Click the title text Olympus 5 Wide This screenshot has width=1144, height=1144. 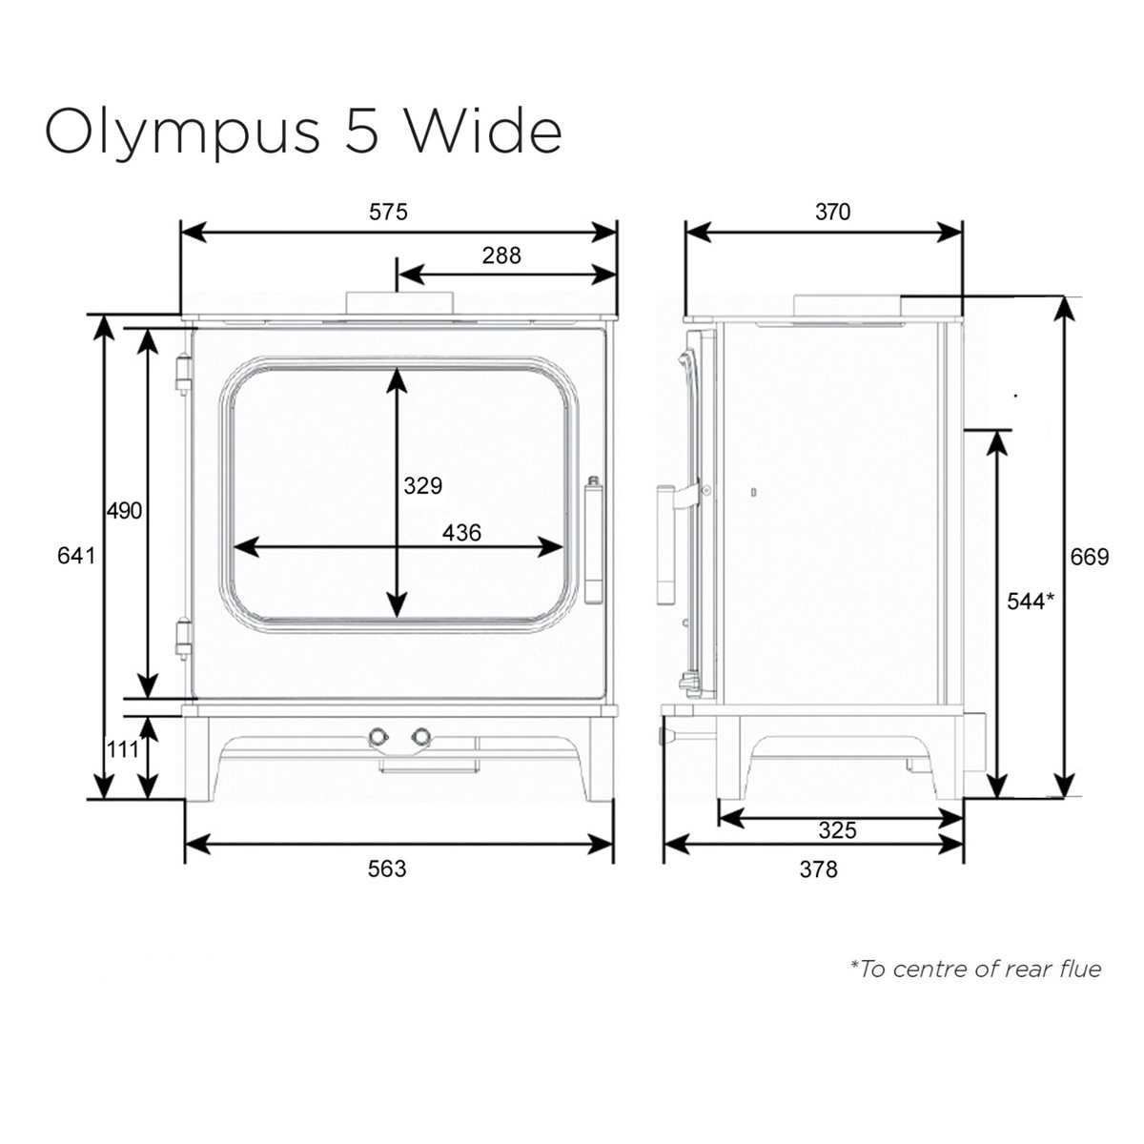(x=303, y=131)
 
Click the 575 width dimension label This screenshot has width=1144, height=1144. (x=388, y=212)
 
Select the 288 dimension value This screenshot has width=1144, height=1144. (x=501, y=255)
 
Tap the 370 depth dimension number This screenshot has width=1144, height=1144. (x=832, y=212)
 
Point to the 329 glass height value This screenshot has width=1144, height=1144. (x=422, y=485)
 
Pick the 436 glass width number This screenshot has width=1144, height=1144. (x=461, y=533)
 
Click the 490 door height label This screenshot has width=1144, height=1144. (x=124, y=511)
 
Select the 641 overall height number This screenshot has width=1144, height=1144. (x=77, y=555)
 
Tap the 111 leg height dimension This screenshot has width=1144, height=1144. (x=122, y=749)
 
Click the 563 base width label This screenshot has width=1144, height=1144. (x=387, y=868)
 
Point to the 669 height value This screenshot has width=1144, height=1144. (x=1090, y=557)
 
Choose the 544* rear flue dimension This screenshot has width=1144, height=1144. (x=1031, y=601)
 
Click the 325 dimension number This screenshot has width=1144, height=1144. (x=838, y=830)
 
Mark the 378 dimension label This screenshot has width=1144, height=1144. (x=818, y=868)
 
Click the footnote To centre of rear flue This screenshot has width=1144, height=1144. (x=975, y=970)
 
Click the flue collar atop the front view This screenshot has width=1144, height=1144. (x=398, y=301)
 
